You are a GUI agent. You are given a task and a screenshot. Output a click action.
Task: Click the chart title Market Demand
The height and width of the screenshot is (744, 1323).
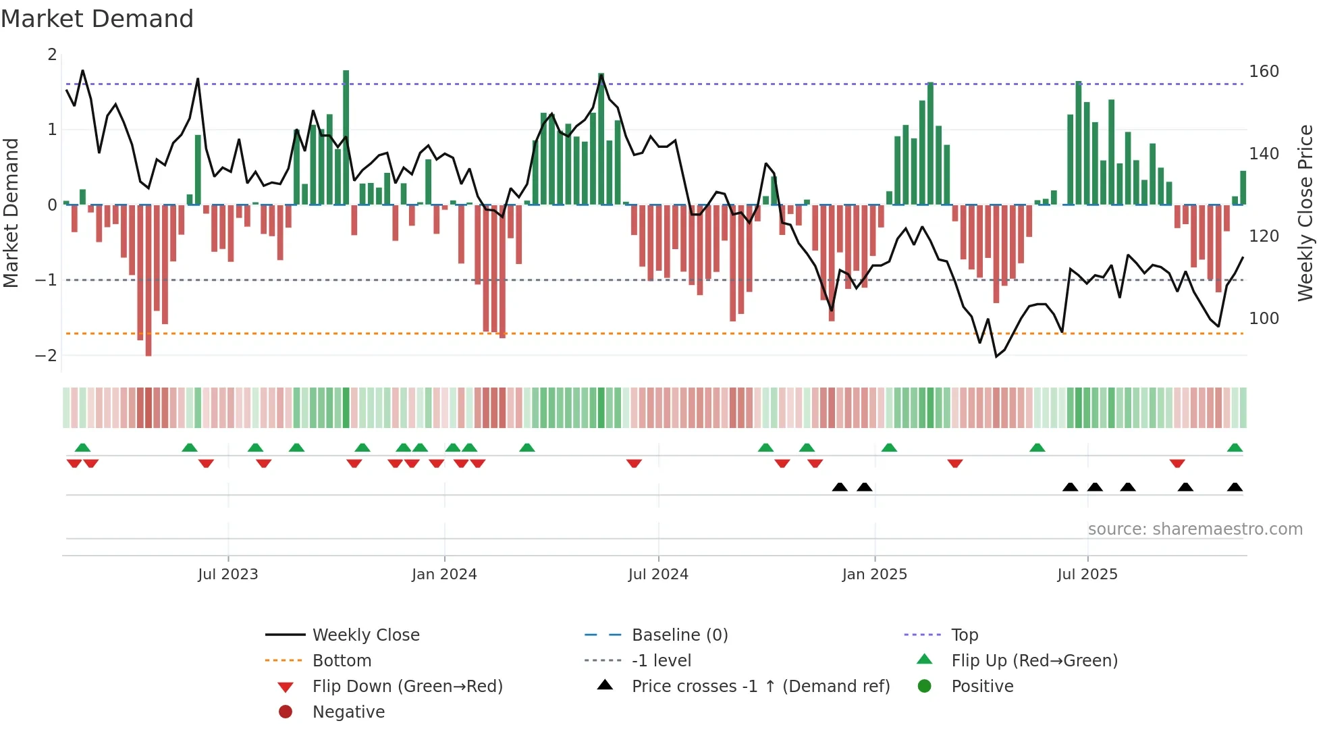[97, 19]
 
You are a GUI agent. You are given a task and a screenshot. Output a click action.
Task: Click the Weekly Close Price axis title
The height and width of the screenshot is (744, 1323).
[1305, 213]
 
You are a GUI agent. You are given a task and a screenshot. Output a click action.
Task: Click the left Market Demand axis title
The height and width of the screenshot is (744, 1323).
[11, 213]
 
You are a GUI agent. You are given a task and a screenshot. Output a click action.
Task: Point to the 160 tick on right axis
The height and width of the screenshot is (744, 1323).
[1264, 72]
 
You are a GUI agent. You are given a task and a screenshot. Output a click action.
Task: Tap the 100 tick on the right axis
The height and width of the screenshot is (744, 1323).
[1264, 318]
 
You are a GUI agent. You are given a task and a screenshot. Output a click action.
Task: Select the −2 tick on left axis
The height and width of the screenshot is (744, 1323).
[46, 355]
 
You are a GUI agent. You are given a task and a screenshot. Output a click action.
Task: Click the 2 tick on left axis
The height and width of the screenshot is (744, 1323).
[52, 55]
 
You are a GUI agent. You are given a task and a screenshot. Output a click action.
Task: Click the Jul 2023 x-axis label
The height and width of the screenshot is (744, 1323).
[228, 575]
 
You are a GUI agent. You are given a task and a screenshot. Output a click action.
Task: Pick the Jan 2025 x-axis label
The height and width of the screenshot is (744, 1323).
[874, 575]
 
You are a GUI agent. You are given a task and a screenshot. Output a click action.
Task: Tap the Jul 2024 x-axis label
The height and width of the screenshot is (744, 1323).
[658, 575]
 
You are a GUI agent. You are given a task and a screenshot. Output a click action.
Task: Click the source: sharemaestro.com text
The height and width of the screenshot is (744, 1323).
[1195, 529]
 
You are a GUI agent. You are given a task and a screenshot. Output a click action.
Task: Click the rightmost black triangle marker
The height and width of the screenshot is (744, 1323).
[1235, 487]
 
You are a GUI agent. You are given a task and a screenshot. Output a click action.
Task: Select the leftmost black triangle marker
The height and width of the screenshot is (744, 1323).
[840, 487]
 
